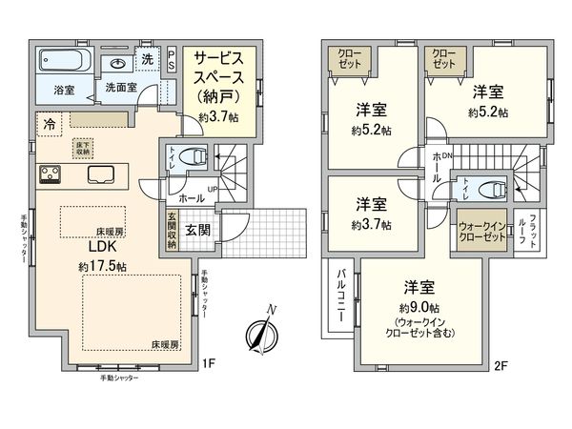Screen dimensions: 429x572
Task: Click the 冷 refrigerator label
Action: click(47, 122)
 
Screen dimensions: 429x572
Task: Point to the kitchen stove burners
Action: click(50, 174)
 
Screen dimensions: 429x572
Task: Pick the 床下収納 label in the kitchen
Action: click(83, 149)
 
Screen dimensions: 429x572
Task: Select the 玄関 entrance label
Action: click(199, 230)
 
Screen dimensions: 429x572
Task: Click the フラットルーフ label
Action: click(533, 230)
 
